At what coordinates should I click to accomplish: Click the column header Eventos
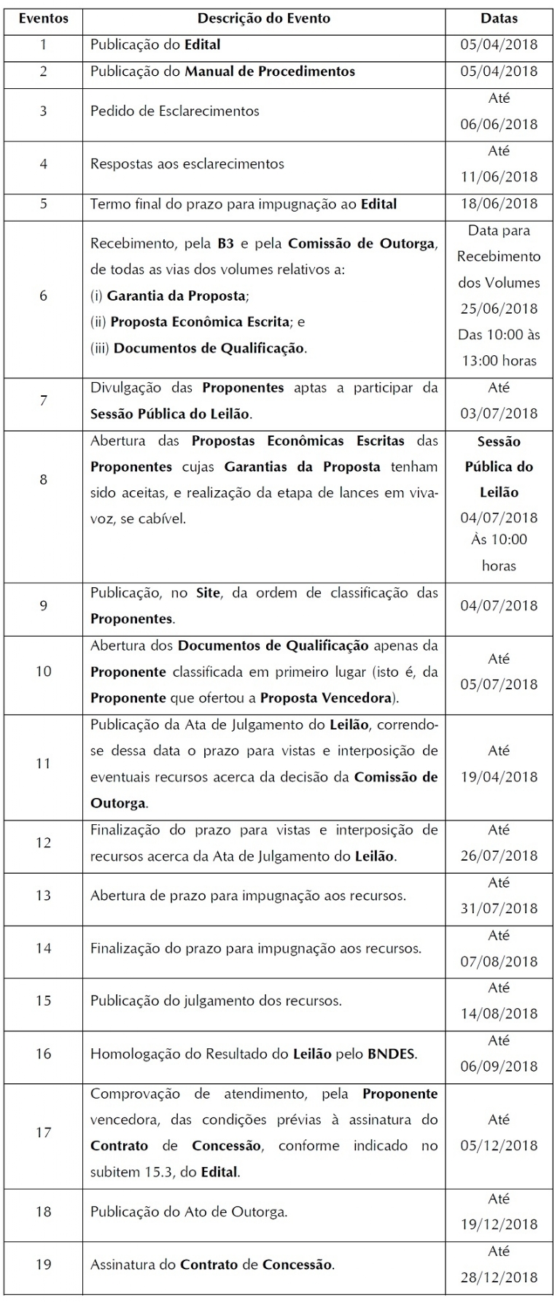43,18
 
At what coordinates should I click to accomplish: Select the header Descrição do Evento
263,18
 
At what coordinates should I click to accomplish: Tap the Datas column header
499,18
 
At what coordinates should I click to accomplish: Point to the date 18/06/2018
499,204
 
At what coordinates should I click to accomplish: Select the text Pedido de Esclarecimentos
174,112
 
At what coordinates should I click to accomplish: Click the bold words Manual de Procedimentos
270,71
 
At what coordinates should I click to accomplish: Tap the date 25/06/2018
499,309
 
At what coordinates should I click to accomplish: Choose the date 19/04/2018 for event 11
499,777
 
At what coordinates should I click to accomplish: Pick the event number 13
43,895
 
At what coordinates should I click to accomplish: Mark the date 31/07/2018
499,908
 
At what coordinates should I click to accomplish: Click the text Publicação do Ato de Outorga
188,1212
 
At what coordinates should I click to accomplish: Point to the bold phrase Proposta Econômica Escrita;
199,322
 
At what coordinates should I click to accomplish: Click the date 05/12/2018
499,1145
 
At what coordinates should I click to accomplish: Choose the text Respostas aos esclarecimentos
187,164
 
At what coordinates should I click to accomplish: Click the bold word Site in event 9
208,593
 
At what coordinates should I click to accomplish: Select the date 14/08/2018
499,1014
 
